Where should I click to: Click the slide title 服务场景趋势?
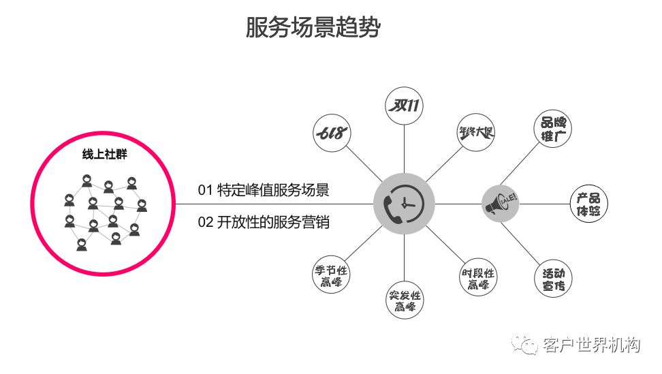pyautogui.click(x=313, y=27)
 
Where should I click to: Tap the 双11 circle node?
pyautogui.click(x=405, y=106)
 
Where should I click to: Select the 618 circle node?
pyautogui.click(x=332, y=133)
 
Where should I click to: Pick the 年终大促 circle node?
pyautogui.click(x=476, y=132)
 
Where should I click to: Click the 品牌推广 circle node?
pyautogui.click(x=553, y=129)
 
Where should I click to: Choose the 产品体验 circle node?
pyautogui.click(x=588, y=204)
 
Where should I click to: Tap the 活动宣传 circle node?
pyautogui.click(x=553, y=279)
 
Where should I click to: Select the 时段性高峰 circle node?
pyautogui.click(x=478, y=277)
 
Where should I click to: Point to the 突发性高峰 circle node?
pyautogui.click(x=405, y=300)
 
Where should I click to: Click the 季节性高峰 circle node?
pyautogui.click(x=332, y=275)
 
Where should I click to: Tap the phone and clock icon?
pyautogui.click(x=404, y=204)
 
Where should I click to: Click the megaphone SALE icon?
pyautogui.click(x=501, y=204)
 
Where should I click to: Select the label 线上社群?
pyautogui.click(x=104, y=154)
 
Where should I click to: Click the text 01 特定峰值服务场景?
pyautogui.click(x=264, y=190)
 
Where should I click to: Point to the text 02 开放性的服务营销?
pyautogui.click(x=264, y=222)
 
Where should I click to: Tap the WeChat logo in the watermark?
pyautogui.click(x=524, y=345)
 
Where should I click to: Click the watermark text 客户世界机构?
pyautogui.click(x=591, y=345)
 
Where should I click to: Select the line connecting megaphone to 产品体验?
pyautogui.click(x=545, y=204)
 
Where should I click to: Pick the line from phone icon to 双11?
pyautogui.click(x=404, y=149)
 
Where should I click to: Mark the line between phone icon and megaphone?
pyautogui.click(x=458, y=204)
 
